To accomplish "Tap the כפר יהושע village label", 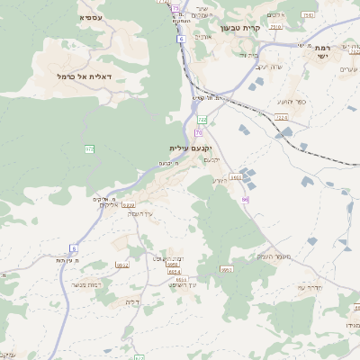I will click(292, 102).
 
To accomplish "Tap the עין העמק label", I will click(141, 212).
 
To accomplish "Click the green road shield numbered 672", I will click(90, 148).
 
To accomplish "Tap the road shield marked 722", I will click(202, 119).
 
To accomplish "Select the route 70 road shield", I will click(197, 133).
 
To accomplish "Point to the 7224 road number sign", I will click(282, 117).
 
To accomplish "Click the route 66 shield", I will click(245, 199).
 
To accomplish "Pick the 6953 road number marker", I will click(226, 269).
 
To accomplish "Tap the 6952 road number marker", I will click(122, 265).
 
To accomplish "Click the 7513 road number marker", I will click(309, 15).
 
